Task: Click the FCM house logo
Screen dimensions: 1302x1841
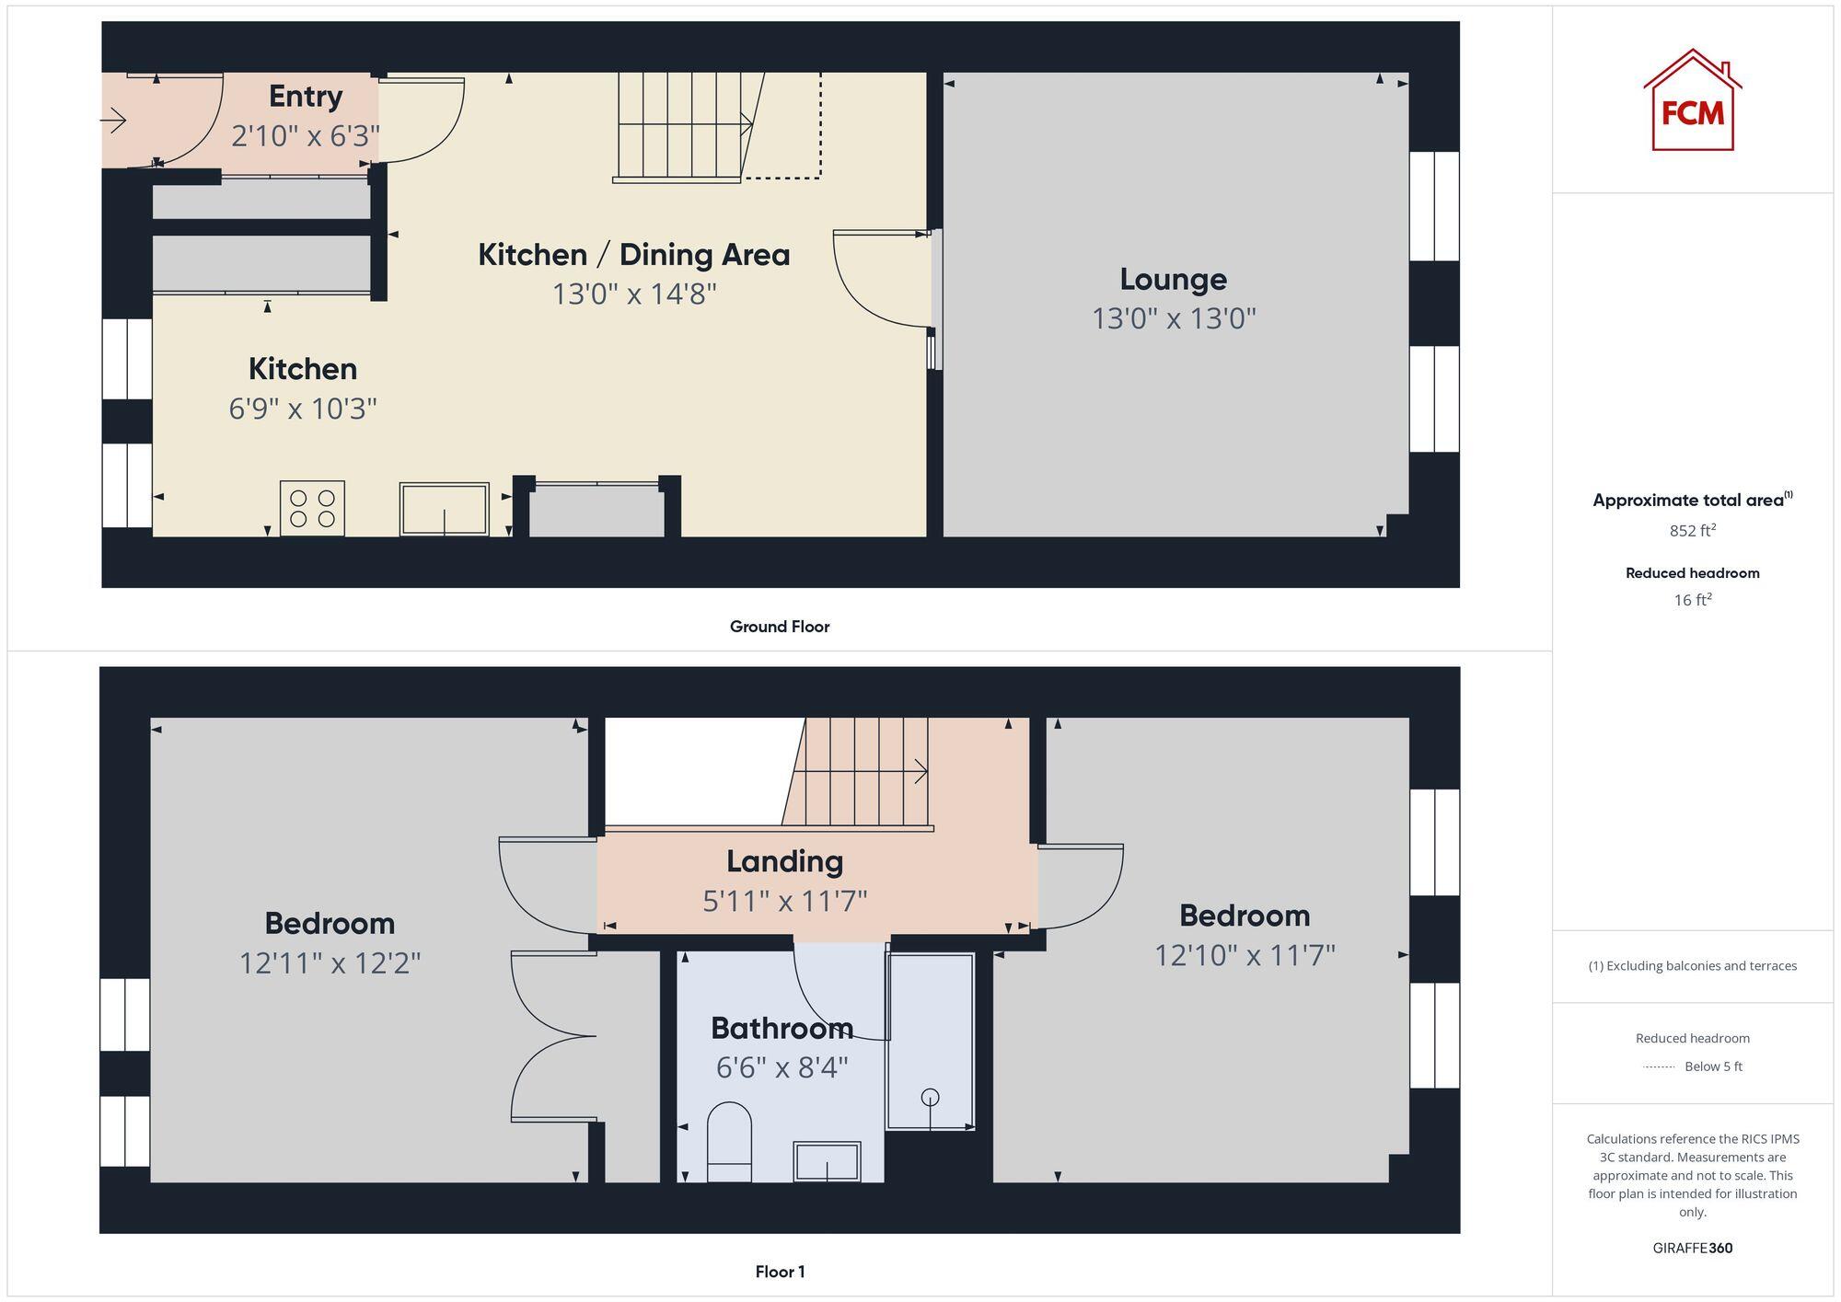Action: tap(1692, 101)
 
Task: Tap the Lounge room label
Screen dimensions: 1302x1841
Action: tap(1173, 279)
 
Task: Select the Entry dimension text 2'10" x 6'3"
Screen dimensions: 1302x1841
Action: tap(305, 136)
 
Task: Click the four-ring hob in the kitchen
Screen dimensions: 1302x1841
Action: tap(312, 508)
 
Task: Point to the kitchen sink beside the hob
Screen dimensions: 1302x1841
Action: tap(444, 509)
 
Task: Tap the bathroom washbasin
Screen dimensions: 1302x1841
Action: tap(827, 1161)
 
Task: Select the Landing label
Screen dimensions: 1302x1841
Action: tap(784, 861)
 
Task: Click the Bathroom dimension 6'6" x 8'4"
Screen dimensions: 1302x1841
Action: tap(782, 1067)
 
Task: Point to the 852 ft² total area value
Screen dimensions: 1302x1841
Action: tap(1692, 531)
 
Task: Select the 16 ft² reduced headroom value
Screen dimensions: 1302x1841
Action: tap(1692, 600)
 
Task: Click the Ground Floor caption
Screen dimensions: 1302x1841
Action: tap(779, 627)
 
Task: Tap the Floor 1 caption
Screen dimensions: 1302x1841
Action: tap(780, 1272)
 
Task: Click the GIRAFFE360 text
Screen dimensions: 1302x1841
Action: tap(1692, 1248)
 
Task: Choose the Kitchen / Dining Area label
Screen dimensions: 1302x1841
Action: tap(633, 255)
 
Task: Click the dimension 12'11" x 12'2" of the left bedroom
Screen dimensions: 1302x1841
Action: tap(330, 963)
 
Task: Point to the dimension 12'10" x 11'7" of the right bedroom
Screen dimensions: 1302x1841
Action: tap(1245, 955)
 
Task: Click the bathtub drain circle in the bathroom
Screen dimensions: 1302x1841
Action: tap(930, 1097)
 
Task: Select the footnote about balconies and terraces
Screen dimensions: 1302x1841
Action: tap(1692, 965)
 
